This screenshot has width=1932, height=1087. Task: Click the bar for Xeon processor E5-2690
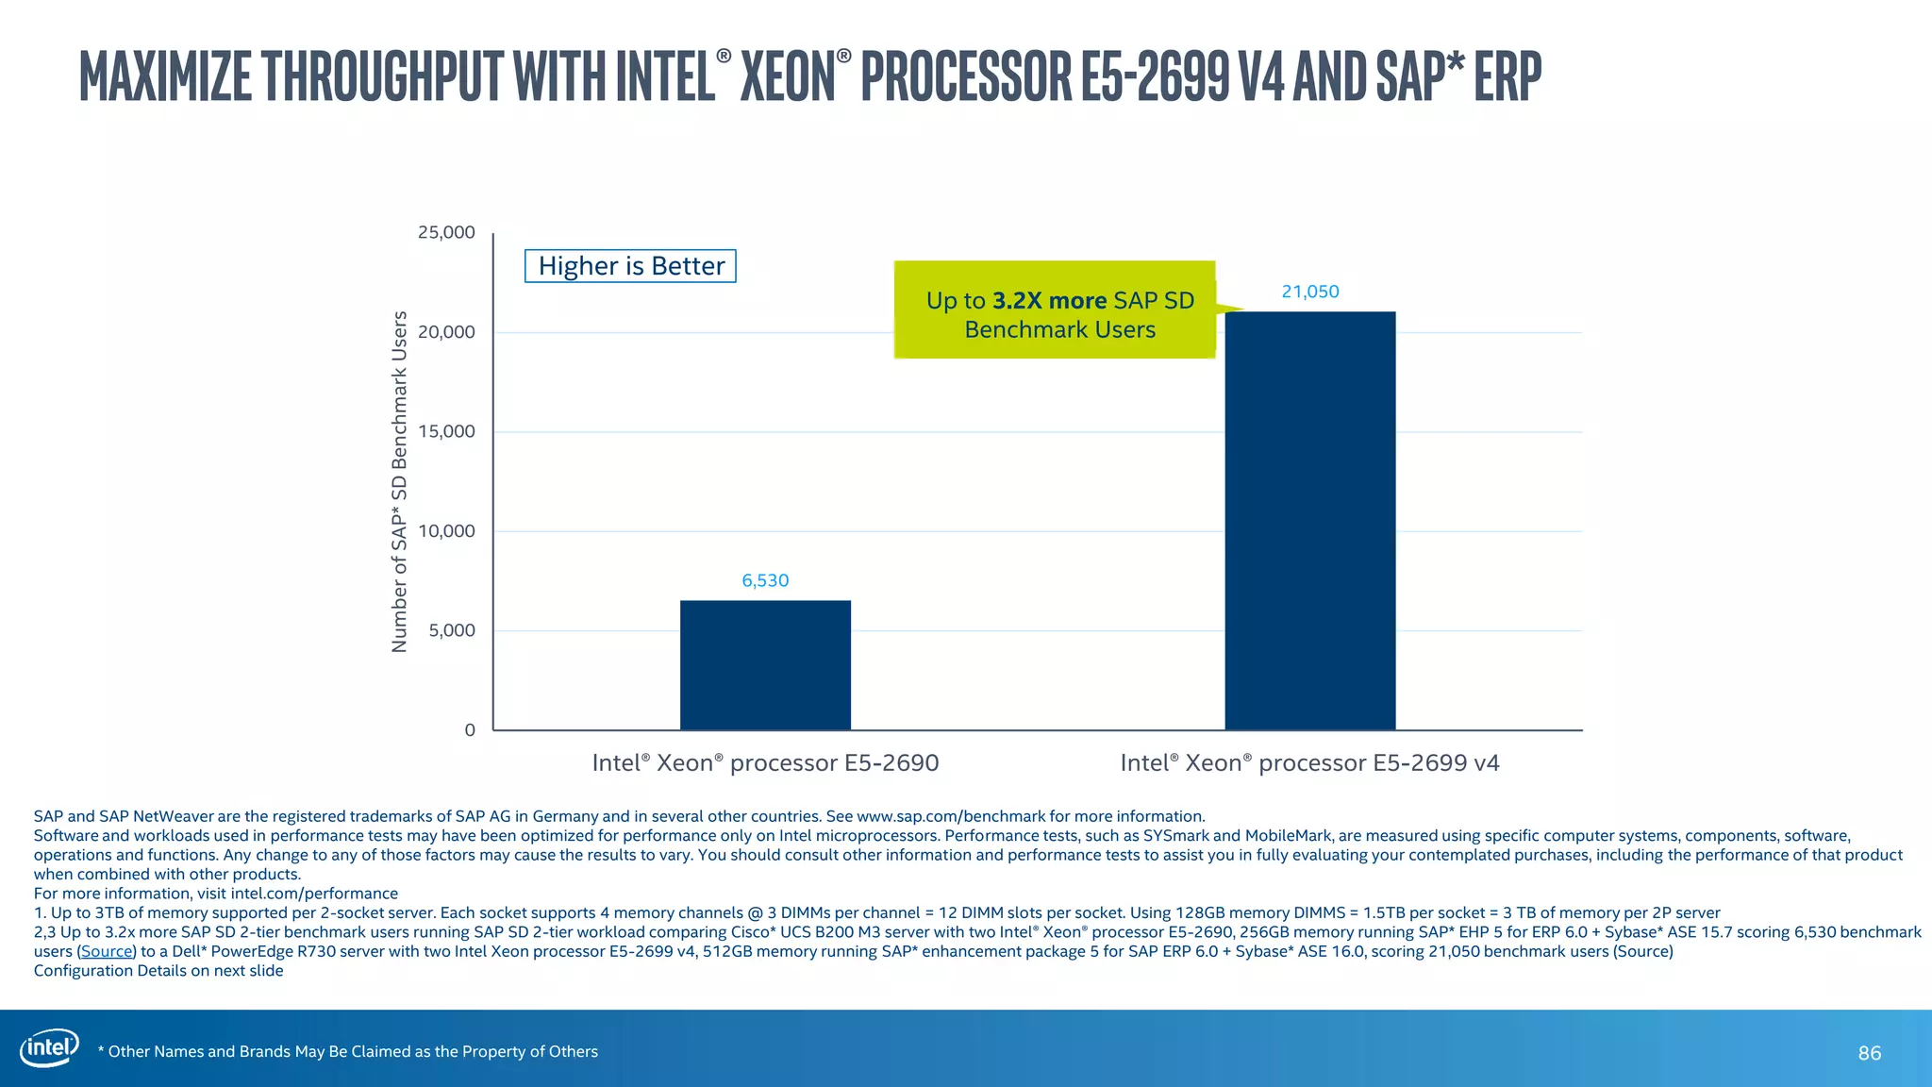pyautogui.click(x=765, y=665)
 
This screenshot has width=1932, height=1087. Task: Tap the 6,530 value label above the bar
pyautogui.click(x=765, y=580)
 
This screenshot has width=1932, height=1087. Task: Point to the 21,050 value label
pyautogui.click(x=1309, y=292)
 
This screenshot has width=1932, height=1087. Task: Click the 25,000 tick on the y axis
pyautogui.click(x=446, y=232)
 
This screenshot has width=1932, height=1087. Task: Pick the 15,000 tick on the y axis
pyautogui.click(x=446, y=431)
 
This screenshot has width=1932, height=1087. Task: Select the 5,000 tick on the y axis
pyautogui.click(x=452, y=630)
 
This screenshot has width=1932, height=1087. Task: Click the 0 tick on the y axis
pyautogui.click(x=470, y=729)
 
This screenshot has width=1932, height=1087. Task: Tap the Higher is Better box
pyautogui.click(x=630, y=266)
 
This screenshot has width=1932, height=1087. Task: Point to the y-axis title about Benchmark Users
pyautogui.click(x=399, y=481)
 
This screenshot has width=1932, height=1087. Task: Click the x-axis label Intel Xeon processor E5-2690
pyautogui.click(x=765, y=762)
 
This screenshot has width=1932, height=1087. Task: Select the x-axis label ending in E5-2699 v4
pyautogui.click(x=1309, y=762)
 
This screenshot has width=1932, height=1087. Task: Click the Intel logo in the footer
pyautogui.click(x=49, y=1048)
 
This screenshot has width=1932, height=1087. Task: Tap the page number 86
pyautogui.click(x=1869, y=1053)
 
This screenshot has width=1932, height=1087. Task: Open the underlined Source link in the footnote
pyautogui.click(x=106, y=951)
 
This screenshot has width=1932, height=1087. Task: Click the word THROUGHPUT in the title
pyautogui.click(x=383, y=75)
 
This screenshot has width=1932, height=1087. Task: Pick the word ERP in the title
pyautogui.click(x=1507, y=75)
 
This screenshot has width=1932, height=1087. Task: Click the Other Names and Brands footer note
pyautogui.click(x=348, y=1051)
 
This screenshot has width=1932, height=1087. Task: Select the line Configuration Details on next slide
pyautogui.click(x=158, y=970)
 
